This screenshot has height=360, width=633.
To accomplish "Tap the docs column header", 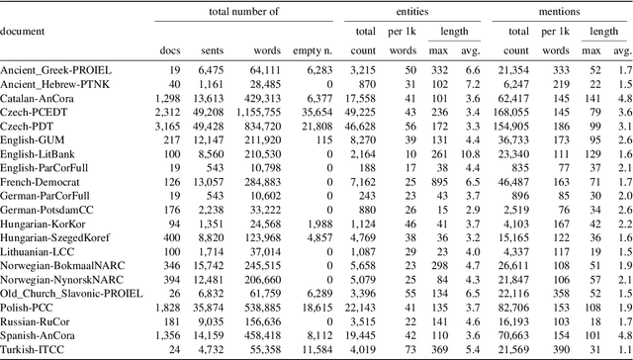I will coord(170,49).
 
